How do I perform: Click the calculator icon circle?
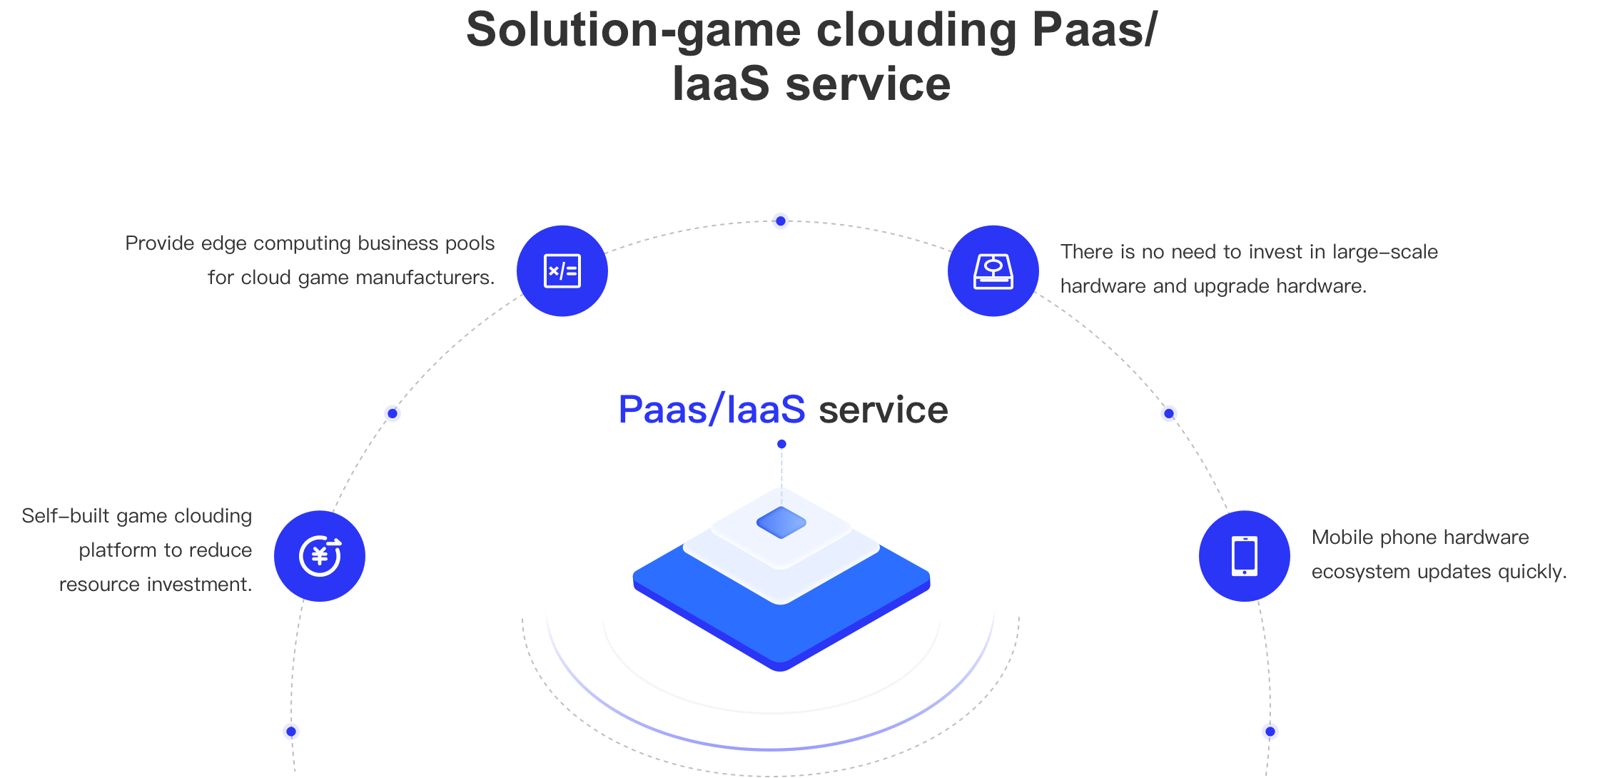pyautogui.click(x=562, y=271)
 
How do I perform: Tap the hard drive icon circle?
pyautogui.click(x=993, y=271)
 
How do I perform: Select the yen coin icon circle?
pyautogui.click(x=320, y=556)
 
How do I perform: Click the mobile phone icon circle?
pyautogui.click(x=1245, y=556)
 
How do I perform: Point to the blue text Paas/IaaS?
pyautogui.click(x=712, y=410)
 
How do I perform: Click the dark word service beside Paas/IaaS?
pyautogui.click(x=884, y=410)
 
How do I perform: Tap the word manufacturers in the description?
pyautogui.click(x=425, y=278)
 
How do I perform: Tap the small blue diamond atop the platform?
pyautogui.click(x=781, y=522)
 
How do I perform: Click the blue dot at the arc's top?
pyautogui.click(x=781, y=221)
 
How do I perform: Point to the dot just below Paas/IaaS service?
pyautogui.click(x=781, y=444)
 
